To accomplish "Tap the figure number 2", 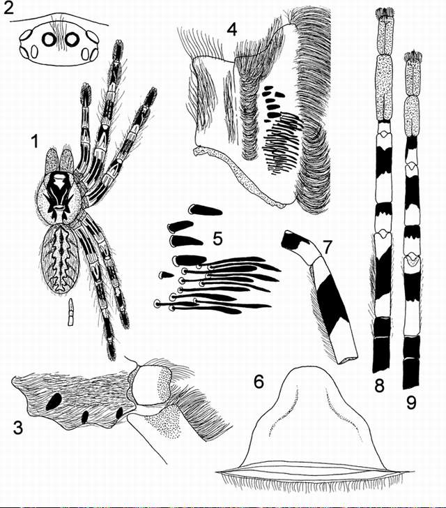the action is point(8,8).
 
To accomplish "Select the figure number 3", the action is point(18,427).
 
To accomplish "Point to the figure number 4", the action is point(232,29).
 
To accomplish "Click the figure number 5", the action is point(217,239).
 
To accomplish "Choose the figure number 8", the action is point(379,386).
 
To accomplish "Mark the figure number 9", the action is point(410,403).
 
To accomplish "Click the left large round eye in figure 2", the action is point(49,40).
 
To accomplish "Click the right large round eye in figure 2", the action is point(72,40).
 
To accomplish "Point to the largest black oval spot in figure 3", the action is point(54,401).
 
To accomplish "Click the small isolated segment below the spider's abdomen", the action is point(71,312).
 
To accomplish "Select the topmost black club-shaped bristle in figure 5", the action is point(205,210).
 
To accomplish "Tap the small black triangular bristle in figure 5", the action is point(166,275).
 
